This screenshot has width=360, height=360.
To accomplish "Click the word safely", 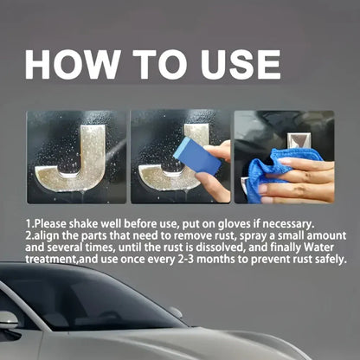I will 326,259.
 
